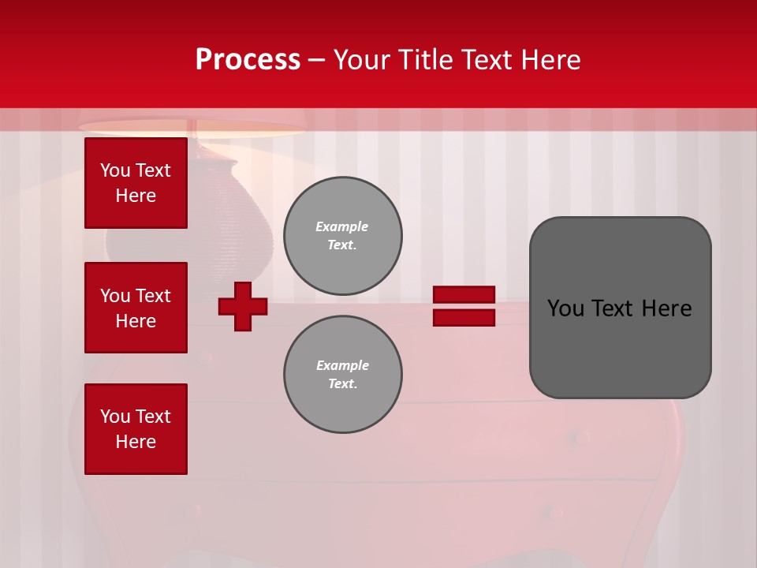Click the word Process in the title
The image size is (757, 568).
coord(248,60)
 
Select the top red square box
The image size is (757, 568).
coord(136,183)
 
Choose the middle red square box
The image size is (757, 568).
coord(136,308)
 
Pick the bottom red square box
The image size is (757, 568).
coord(136,429)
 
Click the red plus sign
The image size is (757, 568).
coord(243,306)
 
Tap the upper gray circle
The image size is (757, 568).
coord(342,235)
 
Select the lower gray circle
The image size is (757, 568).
coord(342,375)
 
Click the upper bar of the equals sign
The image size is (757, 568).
coord(464,295)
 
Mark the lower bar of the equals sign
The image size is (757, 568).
coord(464,318)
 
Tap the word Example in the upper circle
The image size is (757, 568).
coord(342,226)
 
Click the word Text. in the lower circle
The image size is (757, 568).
coord(342,383)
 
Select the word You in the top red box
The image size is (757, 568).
coord(115,170)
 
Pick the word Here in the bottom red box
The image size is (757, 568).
coord(136,442)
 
